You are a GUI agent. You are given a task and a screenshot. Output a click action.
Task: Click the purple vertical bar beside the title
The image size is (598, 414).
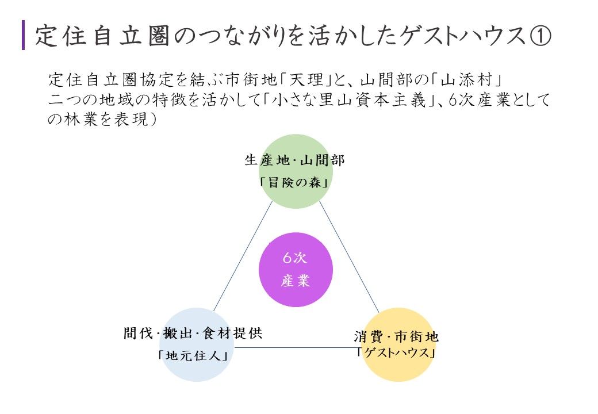(24, 35)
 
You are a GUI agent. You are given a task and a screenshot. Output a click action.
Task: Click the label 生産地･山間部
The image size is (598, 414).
(295, 160)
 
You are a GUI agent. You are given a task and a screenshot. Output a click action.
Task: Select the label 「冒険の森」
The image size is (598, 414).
(295, 184)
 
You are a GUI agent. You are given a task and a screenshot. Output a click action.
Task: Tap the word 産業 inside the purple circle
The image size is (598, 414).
(296, 281)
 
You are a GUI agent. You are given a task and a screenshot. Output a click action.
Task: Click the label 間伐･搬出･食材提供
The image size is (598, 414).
(193, 333)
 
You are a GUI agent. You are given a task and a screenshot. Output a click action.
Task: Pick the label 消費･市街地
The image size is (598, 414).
(396, 336)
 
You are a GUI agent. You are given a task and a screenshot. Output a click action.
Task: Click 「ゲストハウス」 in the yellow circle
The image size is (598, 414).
(396, 352)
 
